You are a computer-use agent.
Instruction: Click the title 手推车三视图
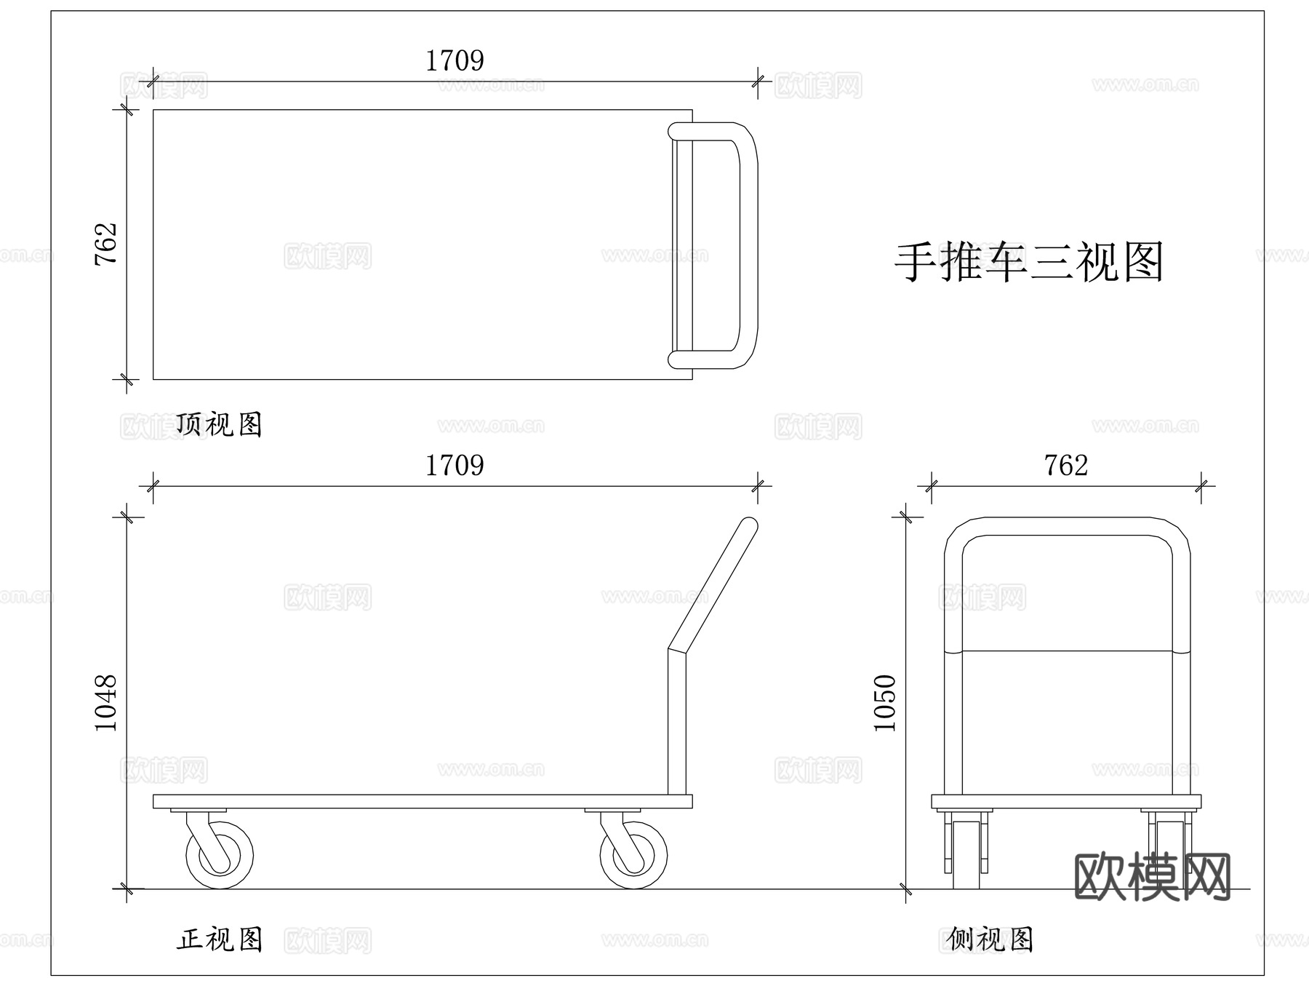(1028, 262)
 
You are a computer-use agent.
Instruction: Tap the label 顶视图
(219, 424)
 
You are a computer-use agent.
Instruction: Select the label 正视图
(219, 939)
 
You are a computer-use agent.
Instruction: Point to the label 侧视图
(990, 939)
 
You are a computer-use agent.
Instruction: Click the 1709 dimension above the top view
(455, 61)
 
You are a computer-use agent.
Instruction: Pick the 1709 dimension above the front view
(455, 466)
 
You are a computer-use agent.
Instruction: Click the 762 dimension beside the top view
(106, 244)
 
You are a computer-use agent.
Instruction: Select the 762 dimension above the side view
(1066, 466)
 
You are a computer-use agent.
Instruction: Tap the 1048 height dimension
(106, 703)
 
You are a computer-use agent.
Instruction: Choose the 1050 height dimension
(885, 703)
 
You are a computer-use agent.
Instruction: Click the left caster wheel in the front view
(220, 855)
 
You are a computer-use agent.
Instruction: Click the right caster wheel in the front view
(633, 855)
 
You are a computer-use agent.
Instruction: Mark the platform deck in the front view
(422, 801)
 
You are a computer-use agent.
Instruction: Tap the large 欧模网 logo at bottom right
(1153, 877)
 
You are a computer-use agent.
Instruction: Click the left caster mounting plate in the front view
(199, 810)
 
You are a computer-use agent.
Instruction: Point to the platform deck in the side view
(1066, 801)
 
